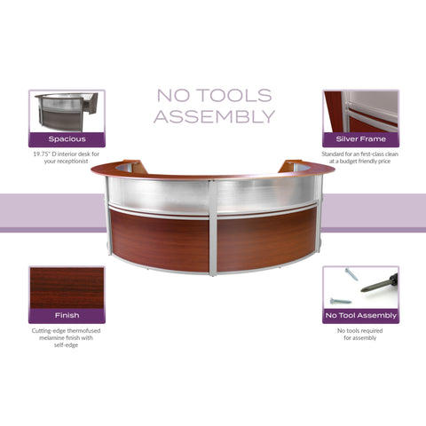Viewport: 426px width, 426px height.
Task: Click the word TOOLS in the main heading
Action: (x=234, y=96)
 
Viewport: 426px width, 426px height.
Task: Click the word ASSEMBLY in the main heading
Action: (x=215, y=116)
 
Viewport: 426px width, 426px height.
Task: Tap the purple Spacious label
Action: (x=67, y=139)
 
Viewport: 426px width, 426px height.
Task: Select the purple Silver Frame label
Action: (x=360, y=139)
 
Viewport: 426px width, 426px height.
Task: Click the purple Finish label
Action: (x=67, y=316)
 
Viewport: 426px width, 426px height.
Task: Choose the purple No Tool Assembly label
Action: (x=360, y=316)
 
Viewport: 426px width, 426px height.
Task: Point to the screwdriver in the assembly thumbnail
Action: (x=379, y=283)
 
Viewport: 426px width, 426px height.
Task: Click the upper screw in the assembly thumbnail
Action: (x=351, y=274)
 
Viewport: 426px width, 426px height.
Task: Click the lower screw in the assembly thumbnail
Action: (x=341, y=301)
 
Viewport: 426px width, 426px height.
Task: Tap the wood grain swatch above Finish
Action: (x=67, y=288)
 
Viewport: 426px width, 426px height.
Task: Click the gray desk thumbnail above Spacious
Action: (x=67, y=112)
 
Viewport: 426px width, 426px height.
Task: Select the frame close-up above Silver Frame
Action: (x=360, y=112)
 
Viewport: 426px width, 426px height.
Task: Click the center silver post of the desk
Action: (x=213, y=228)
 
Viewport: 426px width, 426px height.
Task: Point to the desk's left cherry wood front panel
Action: (x=160, y=240)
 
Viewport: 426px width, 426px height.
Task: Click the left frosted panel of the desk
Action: (x=159, y=193)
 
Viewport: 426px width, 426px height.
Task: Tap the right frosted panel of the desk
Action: (x=267, y=193)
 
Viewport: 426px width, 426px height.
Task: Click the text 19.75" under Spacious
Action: (x=41, y=154)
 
